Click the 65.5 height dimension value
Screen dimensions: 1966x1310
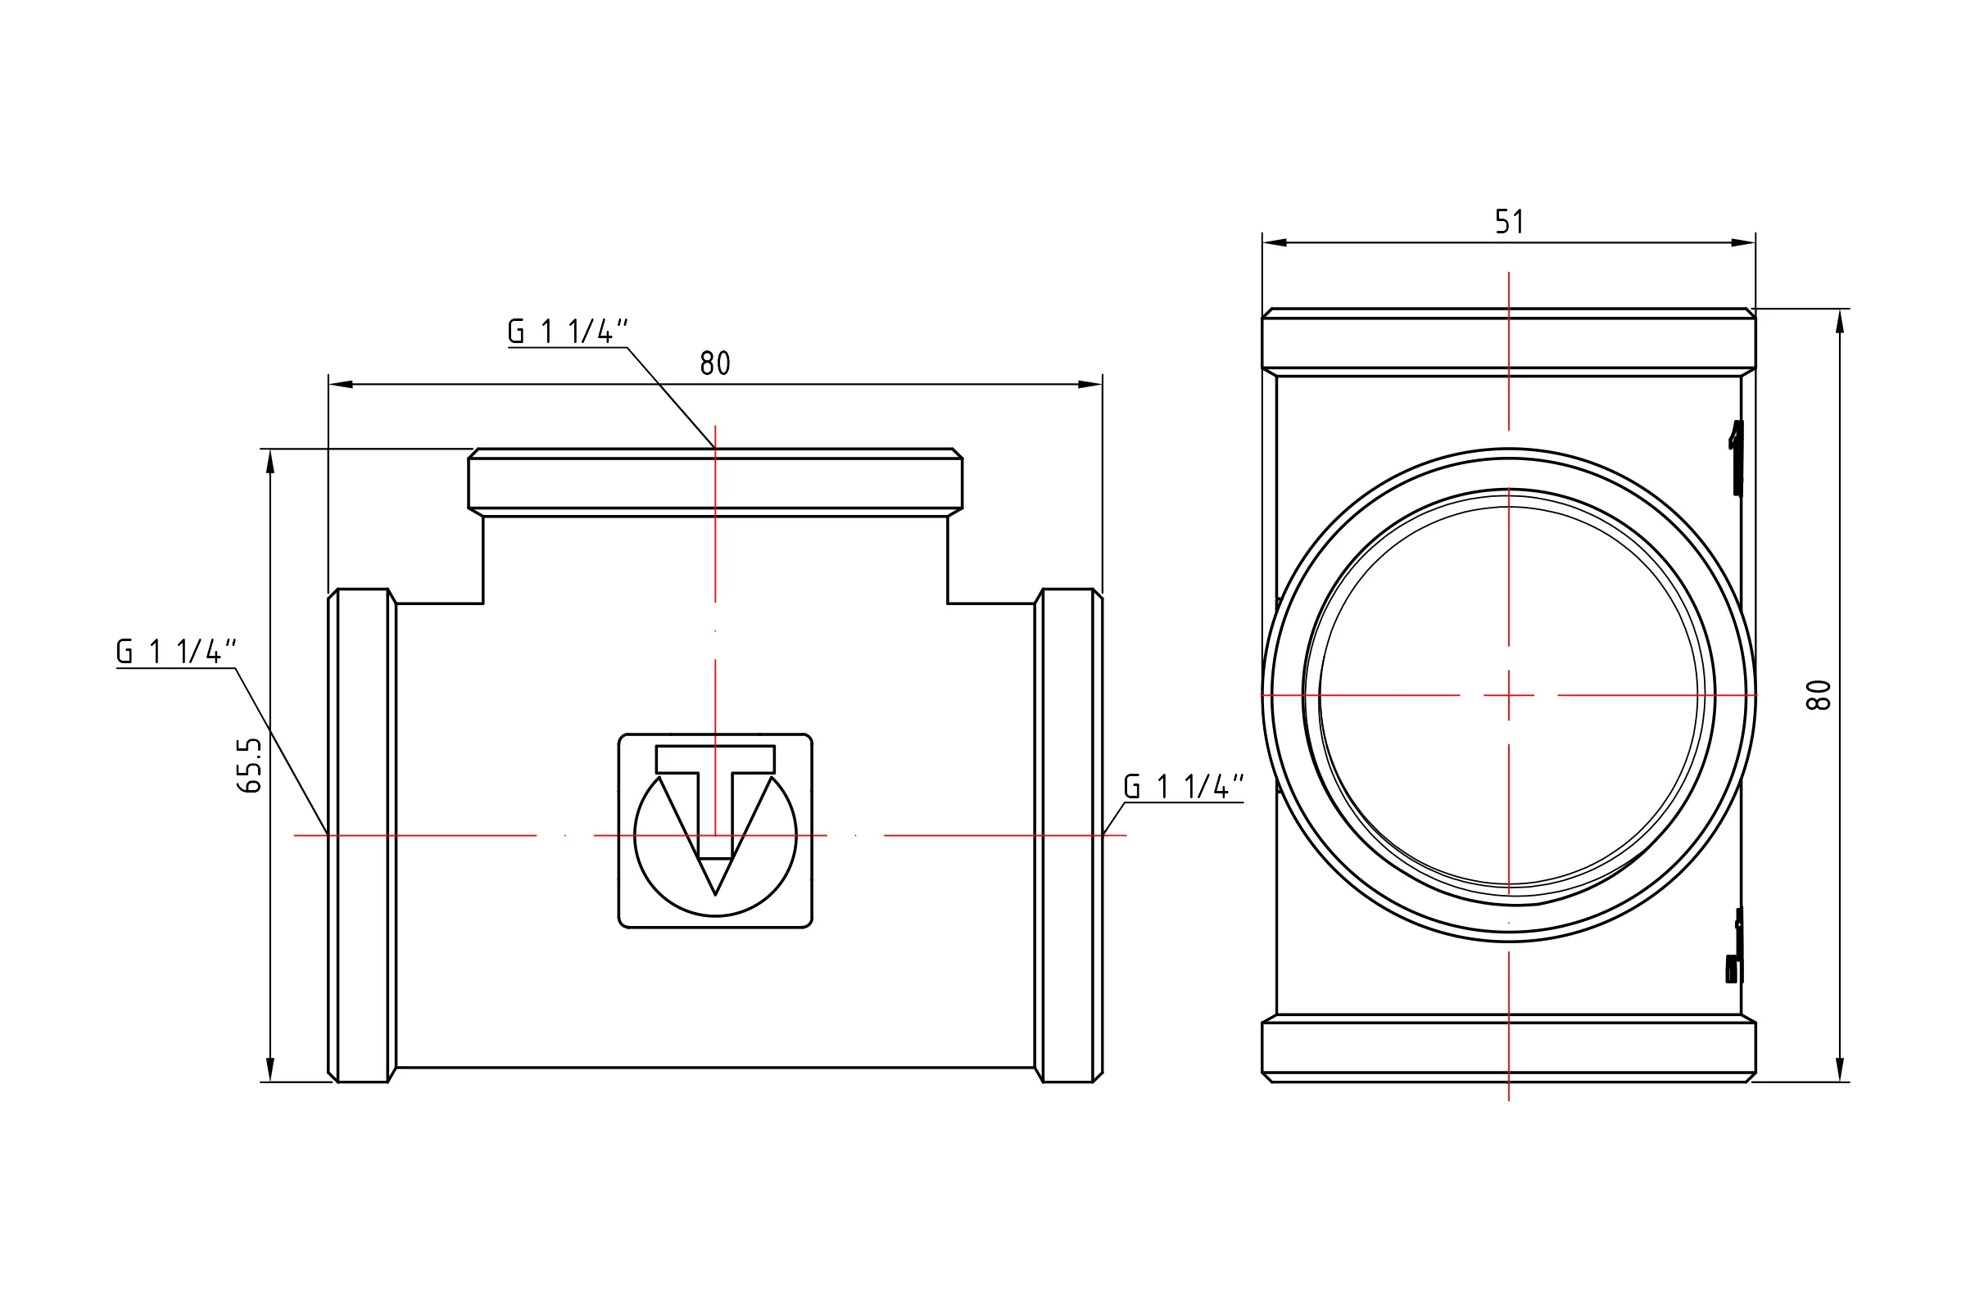point(249,765)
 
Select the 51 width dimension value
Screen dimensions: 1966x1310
point(1509,221)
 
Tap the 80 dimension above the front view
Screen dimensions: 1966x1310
point(714,364)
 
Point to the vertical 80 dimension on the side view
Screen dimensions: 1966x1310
point(1819,695)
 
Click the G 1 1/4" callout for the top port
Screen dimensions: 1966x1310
point(568,332)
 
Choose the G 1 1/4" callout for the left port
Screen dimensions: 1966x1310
point(176,652)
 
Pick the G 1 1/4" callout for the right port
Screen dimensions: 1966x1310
point(1184,787)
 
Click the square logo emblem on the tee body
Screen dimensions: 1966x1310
point(714,830)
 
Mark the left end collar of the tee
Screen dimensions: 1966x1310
point(362,835)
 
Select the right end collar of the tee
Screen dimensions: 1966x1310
point(1068,835)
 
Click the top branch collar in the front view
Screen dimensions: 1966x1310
point(714,482)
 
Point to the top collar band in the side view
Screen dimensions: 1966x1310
point(1509,342)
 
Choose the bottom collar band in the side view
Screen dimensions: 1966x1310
point(1509,1049)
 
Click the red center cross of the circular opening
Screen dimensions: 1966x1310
point(1509,695)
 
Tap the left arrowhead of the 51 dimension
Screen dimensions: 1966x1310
point(1275,243)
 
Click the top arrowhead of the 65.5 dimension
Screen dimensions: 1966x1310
point(270,461)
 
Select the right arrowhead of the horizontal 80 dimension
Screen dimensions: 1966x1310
point(1090,384)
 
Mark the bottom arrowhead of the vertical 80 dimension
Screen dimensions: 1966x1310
point(1840,1070)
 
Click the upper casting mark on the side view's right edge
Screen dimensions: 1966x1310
point(1736,458)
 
